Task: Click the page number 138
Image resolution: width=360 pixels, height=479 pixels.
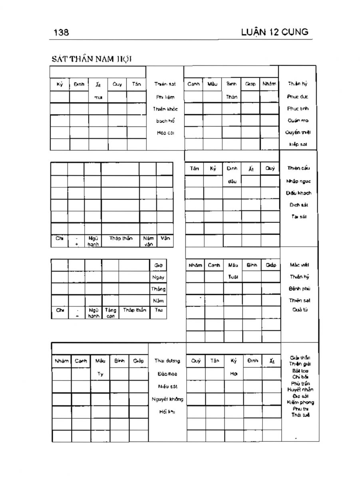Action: (x=61, y=32)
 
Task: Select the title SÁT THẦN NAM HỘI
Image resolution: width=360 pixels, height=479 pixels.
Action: (x=92, y=59)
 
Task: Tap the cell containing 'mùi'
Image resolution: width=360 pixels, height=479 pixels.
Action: (x=98, y=97)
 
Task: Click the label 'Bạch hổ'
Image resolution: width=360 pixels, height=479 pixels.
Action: (x=165, y=121)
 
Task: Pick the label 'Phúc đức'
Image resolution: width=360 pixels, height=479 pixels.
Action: (x=298, y=97)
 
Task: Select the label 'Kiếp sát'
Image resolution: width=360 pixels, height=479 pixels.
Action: (x=298, y=144)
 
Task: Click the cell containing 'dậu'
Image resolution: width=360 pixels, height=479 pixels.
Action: (x=232, y=181)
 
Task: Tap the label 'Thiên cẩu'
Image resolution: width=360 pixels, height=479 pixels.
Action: (x=298, y=168)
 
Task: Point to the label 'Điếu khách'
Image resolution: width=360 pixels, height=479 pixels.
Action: (x=298, y=193)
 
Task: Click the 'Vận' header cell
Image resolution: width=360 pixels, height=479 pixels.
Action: (x=165, y=238)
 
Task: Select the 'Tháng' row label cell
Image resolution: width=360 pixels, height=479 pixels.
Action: (x=158, y=289)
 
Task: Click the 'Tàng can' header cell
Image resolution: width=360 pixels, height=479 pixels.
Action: (x=110, y=313)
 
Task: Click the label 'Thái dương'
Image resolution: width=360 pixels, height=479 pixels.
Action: (x=167, y=361)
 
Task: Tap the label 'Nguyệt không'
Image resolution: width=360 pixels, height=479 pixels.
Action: (x=167, y=399)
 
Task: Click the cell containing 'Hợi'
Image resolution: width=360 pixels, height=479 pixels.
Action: (x=234, y=374)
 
